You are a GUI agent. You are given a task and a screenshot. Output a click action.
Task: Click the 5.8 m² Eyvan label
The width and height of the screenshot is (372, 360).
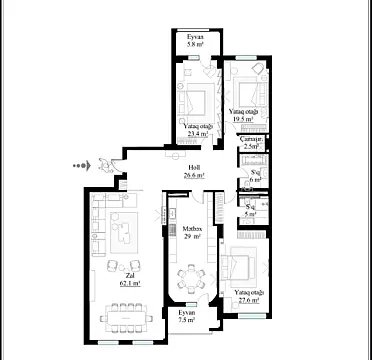[x=194, y=42]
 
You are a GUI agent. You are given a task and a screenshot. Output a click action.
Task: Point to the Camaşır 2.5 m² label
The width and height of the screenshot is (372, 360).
[x=252, y=143]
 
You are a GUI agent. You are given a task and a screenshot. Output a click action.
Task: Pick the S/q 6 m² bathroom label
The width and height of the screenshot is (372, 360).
[x=255, y=177]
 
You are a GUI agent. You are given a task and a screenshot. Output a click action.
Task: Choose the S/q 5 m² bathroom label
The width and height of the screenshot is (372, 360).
[x=249, y=210]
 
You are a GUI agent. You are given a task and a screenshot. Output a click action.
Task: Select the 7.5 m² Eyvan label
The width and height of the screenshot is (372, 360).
[x=186, y=318]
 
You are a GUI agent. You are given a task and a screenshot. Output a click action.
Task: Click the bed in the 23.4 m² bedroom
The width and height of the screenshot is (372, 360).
[x=194, y=99]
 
